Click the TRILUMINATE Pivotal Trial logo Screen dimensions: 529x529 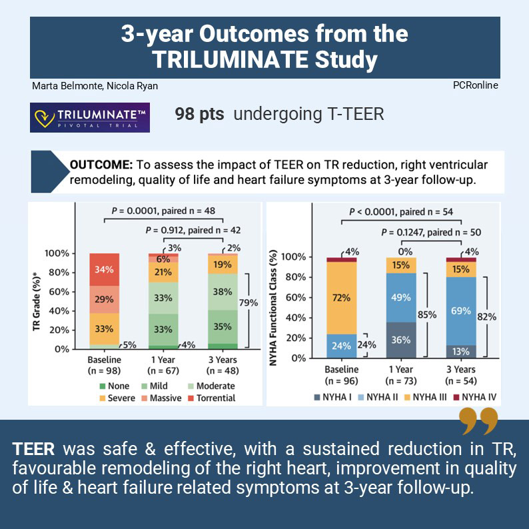[91, 117]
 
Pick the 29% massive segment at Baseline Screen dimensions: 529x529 [103, 300]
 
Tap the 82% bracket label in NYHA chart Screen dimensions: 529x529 [488, 316]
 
